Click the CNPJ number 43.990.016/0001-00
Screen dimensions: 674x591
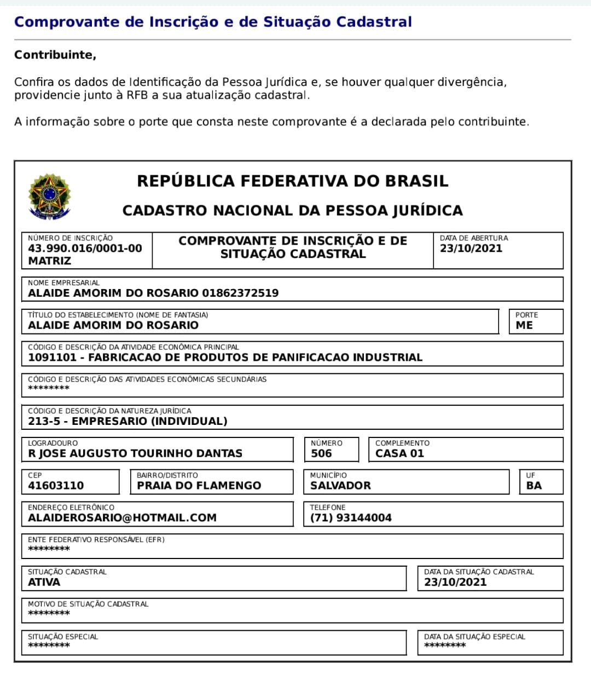pos(85,249)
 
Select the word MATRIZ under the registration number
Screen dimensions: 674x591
pos(49,261)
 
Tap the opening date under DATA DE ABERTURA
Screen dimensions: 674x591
pos(471,249)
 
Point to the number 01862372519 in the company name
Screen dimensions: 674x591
pos(240,293)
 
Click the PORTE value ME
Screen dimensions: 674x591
pos(524,325)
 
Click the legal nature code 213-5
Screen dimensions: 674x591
pos(44,422)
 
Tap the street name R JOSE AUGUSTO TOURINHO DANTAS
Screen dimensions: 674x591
pos(135,453)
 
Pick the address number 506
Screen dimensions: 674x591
pos(321,453)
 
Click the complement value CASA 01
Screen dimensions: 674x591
pos(399,453)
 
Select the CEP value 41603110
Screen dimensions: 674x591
pos(56,486)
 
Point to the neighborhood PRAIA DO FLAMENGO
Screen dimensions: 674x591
pos(199,486)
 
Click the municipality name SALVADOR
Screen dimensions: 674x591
pos(340,486)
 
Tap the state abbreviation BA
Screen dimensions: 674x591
pos(534,486)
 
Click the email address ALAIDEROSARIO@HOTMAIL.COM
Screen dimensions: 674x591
pos(122,518)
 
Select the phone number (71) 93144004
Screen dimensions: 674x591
pos(351,518)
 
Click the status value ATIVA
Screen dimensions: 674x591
pos(44,583)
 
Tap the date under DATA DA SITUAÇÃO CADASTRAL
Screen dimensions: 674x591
pos(455,583)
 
